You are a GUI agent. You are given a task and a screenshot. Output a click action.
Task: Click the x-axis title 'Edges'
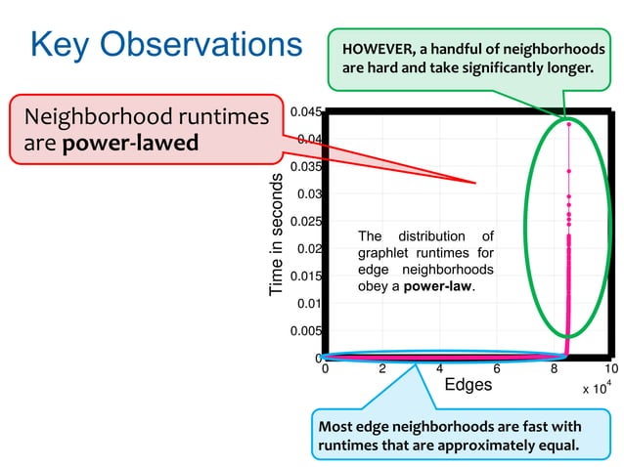(468, 385)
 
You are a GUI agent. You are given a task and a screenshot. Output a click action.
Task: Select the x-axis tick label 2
(382, 369)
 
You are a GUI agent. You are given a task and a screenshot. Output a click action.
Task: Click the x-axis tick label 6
(497, 369)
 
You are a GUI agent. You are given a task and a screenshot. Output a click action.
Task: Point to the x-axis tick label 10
(611, 369)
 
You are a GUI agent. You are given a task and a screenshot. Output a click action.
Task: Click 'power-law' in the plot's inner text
(437, 287)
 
